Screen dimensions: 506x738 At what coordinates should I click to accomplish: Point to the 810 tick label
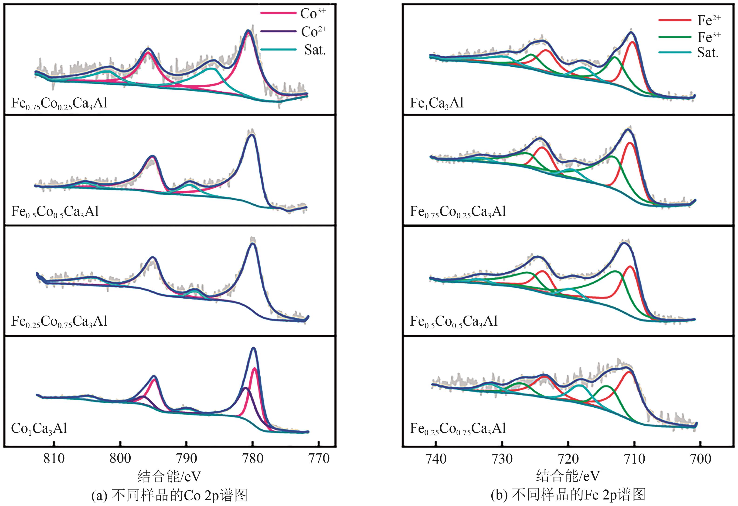[54, 459]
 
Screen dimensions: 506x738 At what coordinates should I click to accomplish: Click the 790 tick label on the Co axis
[186, 459]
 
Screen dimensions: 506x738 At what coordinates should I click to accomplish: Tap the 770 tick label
[319, 459]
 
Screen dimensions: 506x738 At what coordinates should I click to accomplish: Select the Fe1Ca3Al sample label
[437, 103]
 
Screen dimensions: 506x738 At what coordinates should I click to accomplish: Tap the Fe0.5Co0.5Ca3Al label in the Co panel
[55, 212]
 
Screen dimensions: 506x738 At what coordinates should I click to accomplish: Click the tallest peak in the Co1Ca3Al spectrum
[253, 349]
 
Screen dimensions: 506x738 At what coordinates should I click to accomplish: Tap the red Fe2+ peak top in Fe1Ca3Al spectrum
[632, 42]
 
